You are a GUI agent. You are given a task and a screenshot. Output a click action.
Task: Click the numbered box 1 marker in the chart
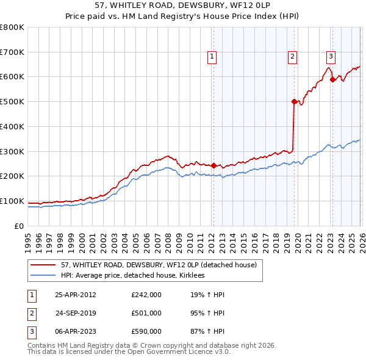pyautogui.click(x=212, y=57)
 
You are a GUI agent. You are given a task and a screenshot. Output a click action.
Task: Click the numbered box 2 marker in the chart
pyautogui.click(x=293, y=57)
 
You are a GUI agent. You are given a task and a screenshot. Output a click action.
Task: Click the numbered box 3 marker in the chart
pyautogui.click(x=331, y=57)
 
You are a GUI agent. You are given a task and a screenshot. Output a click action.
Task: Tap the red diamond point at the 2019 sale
pyautogui.click(x=294, y=102)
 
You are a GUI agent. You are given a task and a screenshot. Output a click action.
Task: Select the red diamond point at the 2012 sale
pyautogui.click(x=213, y=165)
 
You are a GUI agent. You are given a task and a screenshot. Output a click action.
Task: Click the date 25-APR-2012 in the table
pyautogui.click(x=76, y=295)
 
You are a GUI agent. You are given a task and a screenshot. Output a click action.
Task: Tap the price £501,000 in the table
pyautogui.click(x=146, y=313)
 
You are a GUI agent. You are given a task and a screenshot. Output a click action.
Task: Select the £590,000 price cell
pyautogui.click(x=146, y=331)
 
